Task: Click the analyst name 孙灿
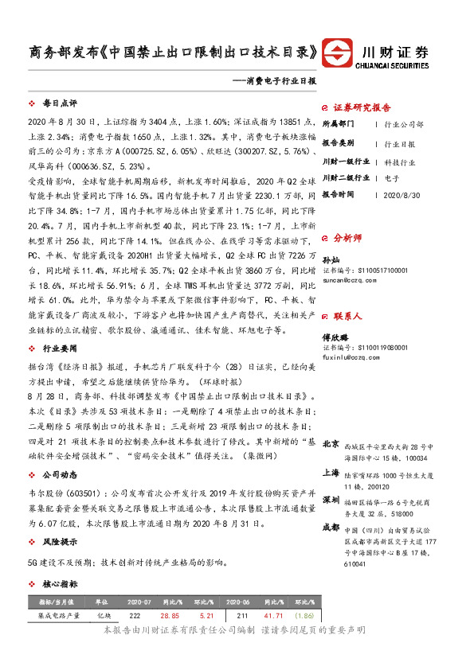pyautogui.click(x=330, y=260)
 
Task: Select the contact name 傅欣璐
pyautogui.click(x=334, y=337)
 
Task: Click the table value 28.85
pyautogui.click(x=170, y=616)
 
